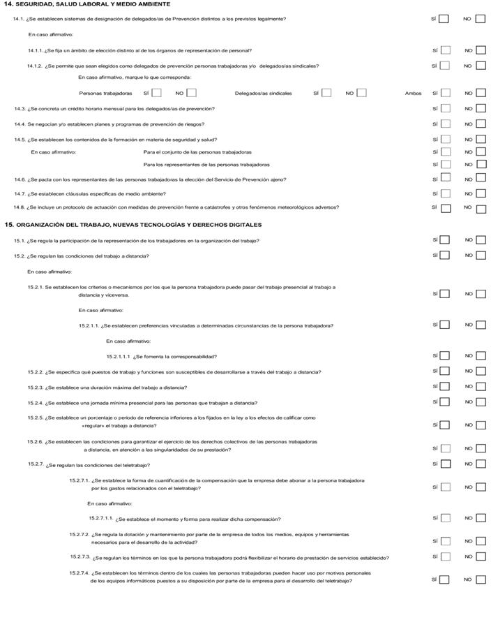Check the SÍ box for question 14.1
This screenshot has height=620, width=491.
444,19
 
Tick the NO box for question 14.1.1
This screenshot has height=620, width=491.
481,50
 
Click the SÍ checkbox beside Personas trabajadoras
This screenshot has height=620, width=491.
157,93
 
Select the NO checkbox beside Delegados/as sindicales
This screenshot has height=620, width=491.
361,93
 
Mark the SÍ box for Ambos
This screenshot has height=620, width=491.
445,93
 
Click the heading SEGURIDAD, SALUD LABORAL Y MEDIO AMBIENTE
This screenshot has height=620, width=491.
91,4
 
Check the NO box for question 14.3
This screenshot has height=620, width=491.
481,109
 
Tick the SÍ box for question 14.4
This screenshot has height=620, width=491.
445,124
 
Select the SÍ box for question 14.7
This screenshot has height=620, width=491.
445,193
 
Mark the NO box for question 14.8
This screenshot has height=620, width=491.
481,207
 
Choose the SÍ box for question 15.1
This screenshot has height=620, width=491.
445,240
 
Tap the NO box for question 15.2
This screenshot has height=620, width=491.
481,256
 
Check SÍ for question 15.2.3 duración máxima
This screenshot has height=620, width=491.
445,387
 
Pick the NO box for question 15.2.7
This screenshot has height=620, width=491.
481,464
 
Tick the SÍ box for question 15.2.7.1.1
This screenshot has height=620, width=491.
445,518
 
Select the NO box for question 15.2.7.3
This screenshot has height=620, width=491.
481,557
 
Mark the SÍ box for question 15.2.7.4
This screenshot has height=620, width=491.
445,580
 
